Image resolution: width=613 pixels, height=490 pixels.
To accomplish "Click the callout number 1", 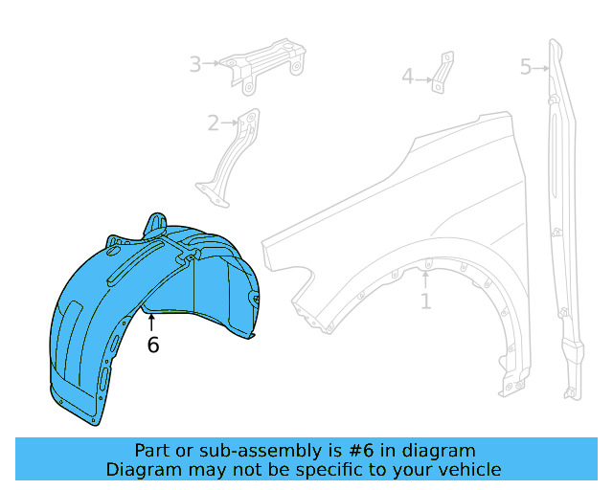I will click(x=425, y=302).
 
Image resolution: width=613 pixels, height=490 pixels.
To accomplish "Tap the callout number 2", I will click(x=214, y=122).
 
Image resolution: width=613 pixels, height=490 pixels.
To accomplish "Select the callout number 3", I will click(x=194, y=64).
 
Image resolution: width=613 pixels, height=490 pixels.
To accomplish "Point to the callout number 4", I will click(x=407, y=77).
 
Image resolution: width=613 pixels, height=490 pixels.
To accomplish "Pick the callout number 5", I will click(x=526, y=67).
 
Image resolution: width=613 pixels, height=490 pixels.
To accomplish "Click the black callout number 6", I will click(x=153, y=345).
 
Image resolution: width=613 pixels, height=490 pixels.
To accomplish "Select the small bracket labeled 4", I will click(x=441, y=73).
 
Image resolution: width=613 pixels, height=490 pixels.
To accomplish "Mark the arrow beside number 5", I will click(x=541, y=67).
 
